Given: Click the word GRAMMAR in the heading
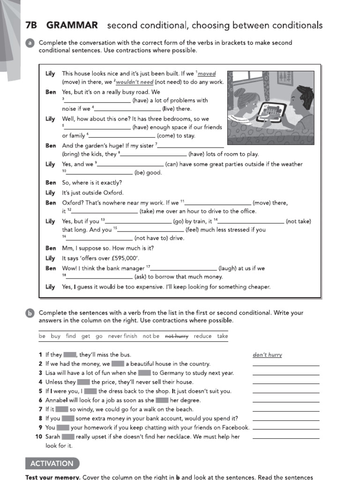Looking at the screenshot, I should pyautogui.click(x=72, y=25).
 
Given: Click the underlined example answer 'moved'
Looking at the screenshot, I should pyautogui.click(x=207, y=74).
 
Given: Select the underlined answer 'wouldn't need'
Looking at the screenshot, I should pyautogui.click(x=135, y=82).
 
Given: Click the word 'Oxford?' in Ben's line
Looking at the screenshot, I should pyautogui.click(x=74, y=203).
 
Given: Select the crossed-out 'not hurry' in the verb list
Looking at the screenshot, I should pyautogui.click(x=177, y=336).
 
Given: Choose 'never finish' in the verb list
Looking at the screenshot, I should pyautogui.click(x=123, y=336).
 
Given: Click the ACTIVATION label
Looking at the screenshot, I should pyautogui.click(x=52, y=464).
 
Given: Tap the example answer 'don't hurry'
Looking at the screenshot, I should pyautogui.click(x=267, y=355).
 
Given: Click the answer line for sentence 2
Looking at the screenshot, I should pyautogui.click(x=285, y=365).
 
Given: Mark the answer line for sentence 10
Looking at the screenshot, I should pyautogui.click(x=285, y=438).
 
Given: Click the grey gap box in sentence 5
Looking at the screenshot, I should pyautogui.click(x=90, y=391).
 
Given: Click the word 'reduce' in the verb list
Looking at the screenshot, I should pyautogui.click(x=202, y=336).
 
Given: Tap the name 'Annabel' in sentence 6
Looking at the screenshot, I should pyautogui.click(x=57, y=400).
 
